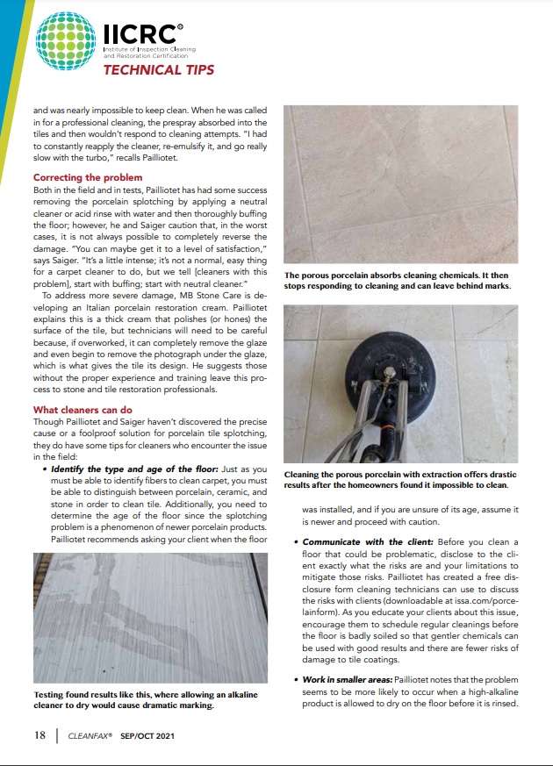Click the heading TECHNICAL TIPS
[x=159, y=69]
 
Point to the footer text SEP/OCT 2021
[x=147, y=736]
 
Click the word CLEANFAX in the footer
[x=90, y=736]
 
